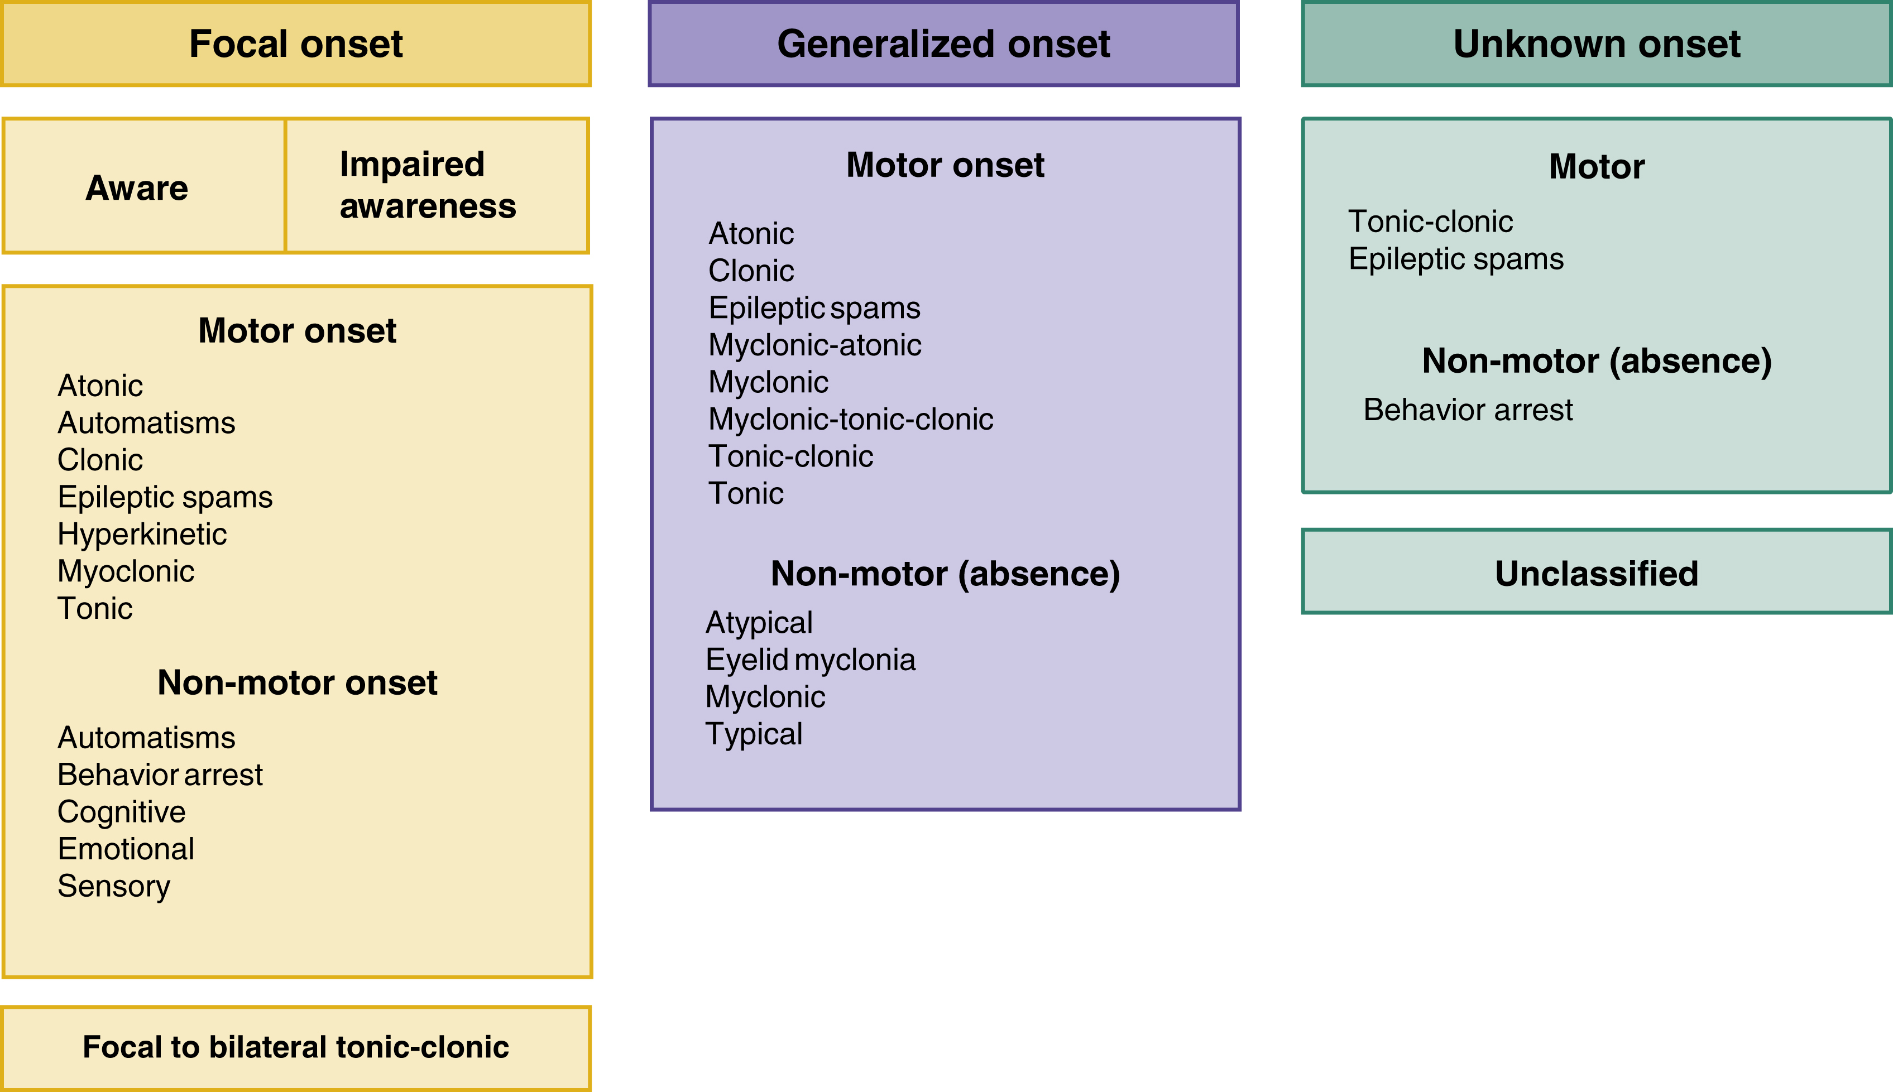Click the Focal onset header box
pos(296,44)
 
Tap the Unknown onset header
pos(1596,44)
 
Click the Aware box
pos(137,187)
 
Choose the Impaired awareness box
pos(428,185)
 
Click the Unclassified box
pos(1596,573)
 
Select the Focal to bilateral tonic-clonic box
pos(296,1047)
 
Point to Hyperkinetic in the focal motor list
pos(142,535)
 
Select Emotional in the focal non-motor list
pos(126,849)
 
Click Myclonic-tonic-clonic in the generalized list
pos(850,419)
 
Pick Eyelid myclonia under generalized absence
pos(811,660)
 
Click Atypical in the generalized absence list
pos(759,623)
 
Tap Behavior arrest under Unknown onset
pos(1468,410)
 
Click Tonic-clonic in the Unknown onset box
pos(1430,222)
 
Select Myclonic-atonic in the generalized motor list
pos(815,345)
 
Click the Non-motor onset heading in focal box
pos(297,682)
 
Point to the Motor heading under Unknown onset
pos(1596,166)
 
